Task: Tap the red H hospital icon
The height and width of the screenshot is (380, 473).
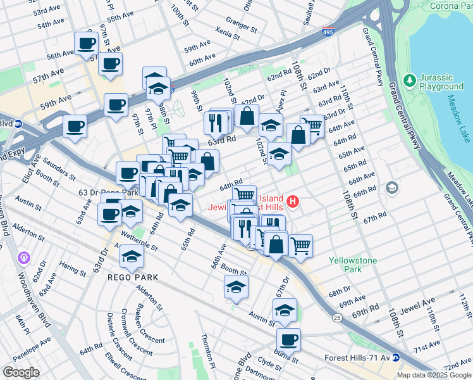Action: [293, 202]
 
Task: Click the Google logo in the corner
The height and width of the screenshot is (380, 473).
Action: [21, 372]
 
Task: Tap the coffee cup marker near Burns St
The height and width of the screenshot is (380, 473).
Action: [288, 339]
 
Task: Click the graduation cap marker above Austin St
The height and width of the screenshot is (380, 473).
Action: [285, 310]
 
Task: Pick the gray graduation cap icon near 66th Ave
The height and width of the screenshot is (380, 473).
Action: [392, 187]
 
